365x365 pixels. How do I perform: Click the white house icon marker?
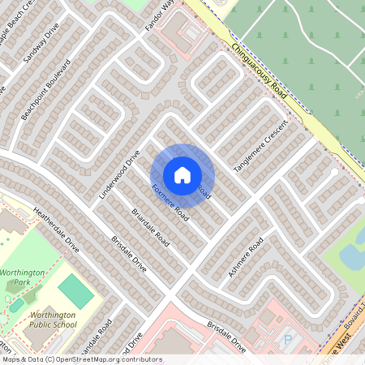coord(182,174)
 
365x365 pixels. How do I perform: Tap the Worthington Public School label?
coord(53,320)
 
